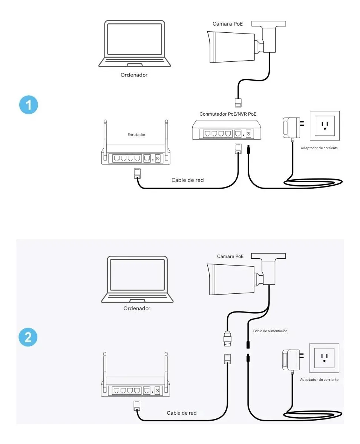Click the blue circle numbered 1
coord(28,105)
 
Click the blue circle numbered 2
coord(28,337)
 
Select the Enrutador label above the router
coord(136,134)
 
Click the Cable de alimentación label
coord(270,331)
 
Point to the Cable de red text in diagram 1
coord(187,180)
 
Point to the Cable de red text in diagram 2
coord(182,413)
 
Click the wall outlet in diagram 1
coord(325,125)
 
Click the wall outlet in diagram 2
coord(324,358)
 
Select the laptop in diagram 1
coord(135,44)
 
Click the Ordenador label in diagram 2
coord(137,308)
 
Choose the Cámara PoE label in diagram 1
coord(228,24)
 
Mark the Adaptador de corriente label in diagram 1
coord(319,148)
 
